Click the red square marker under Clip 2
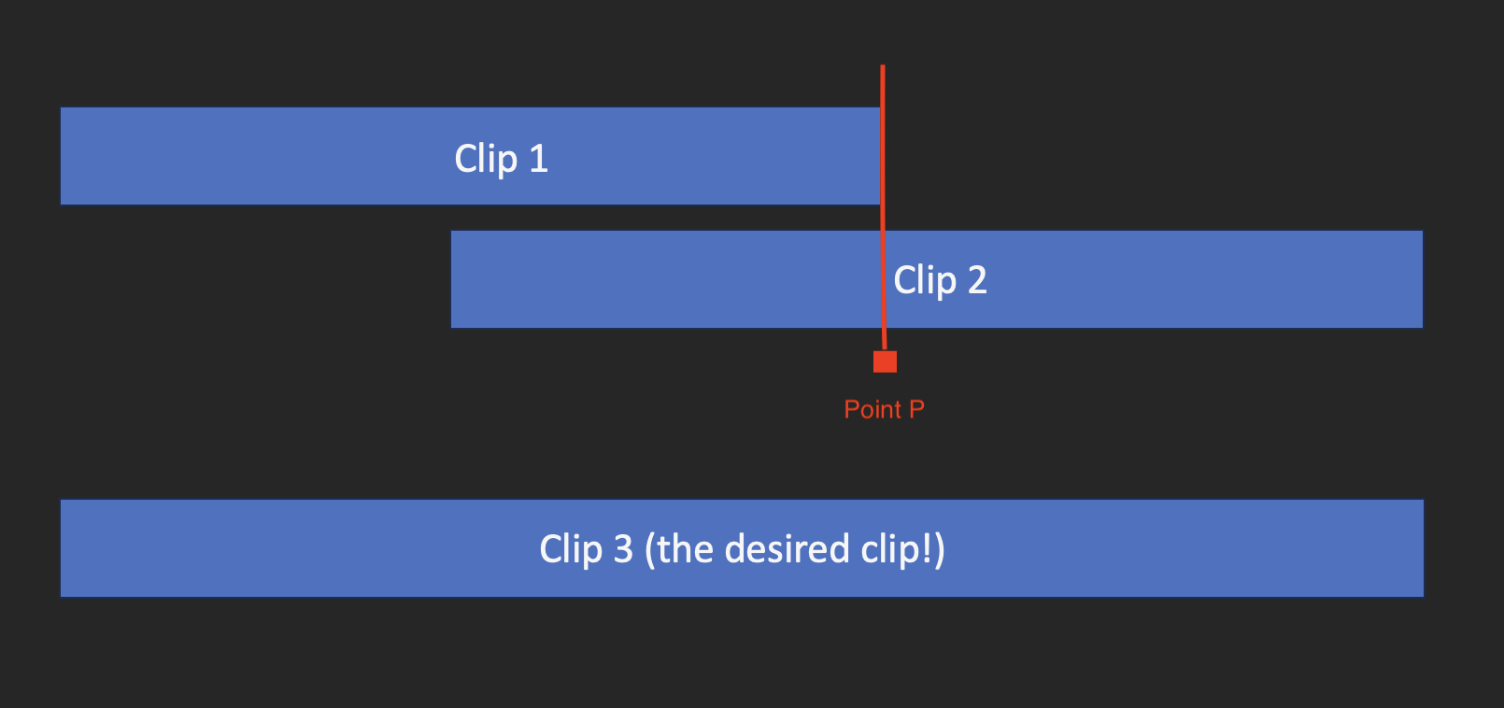[x=885, y=361]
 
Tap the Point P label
[x=884, y=409]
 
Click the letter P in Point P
[x=916, y=409]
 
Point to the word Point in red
[x=873, y=409]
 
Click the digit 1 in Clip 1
[x=538, y=159]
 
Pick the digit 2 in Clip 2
[x=977, y=280]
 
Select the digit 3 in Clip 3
[x=623, y=549]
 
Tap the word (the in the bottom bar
[x=679, y=549]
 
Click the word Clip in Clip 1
[x=486, y=159]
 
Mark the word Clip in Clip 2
[x=925, y=280]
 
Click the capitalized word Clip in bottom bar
[x=571, y=549]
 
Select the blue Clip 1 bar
[x=280, y=156]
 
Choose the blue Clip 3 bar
[x=280, y=548]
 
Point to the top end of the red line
[x=883, y=67]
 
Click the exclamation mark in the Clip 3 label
[x=928, y=549]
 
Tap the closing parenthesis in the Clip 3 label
[x=940, y=549]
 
